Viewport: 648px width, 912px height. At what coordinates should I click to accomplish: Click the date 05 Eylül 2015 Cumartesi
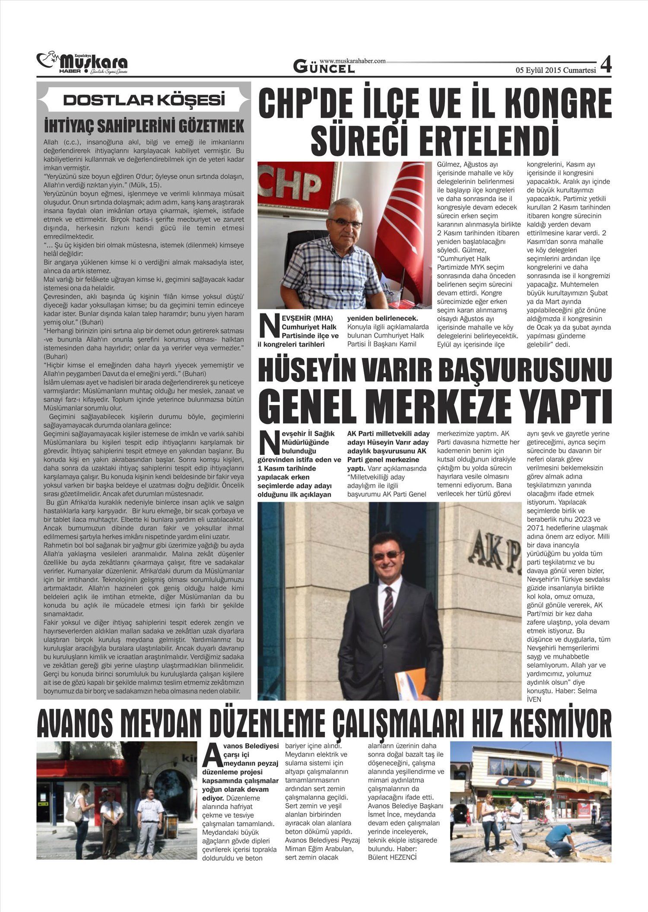tap(555, 70)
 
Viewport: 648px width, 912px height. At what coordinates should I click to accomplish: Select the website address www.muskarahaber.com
tap(352, 61)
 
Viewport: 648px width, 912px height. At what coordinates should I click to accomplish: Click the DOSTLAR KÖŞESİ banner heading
tap(144, 100)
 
